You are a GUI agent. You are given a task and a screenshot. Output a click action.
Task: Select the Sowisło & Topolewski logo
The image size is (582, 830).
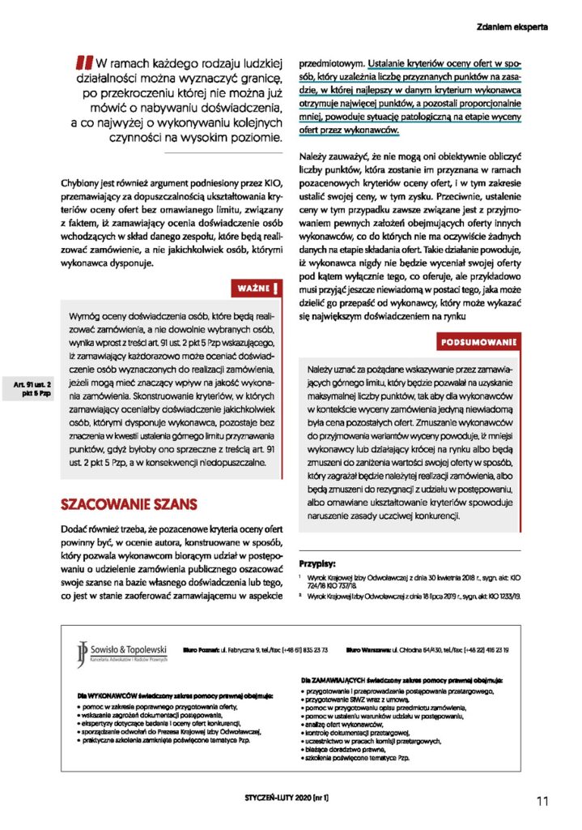coord(121,653)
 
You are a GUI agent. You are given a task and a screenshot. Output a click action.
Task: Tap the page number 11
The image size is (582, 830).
coord(542,801)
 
